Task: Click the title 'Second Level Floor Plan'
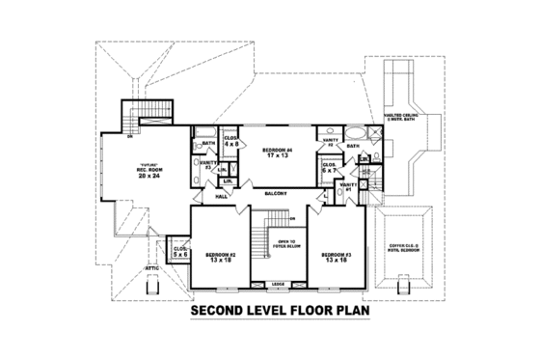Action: coord(269,312)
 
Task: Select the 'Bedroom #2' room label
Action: coord(220,257)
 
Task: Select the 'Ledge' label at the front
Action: coord(277,283)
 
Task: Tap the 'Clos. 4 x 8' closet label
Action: coord(231,141)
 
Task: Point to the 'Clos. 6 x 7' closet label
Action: coord(329,166)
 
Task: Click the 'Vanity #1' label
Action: coord(349,185)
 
